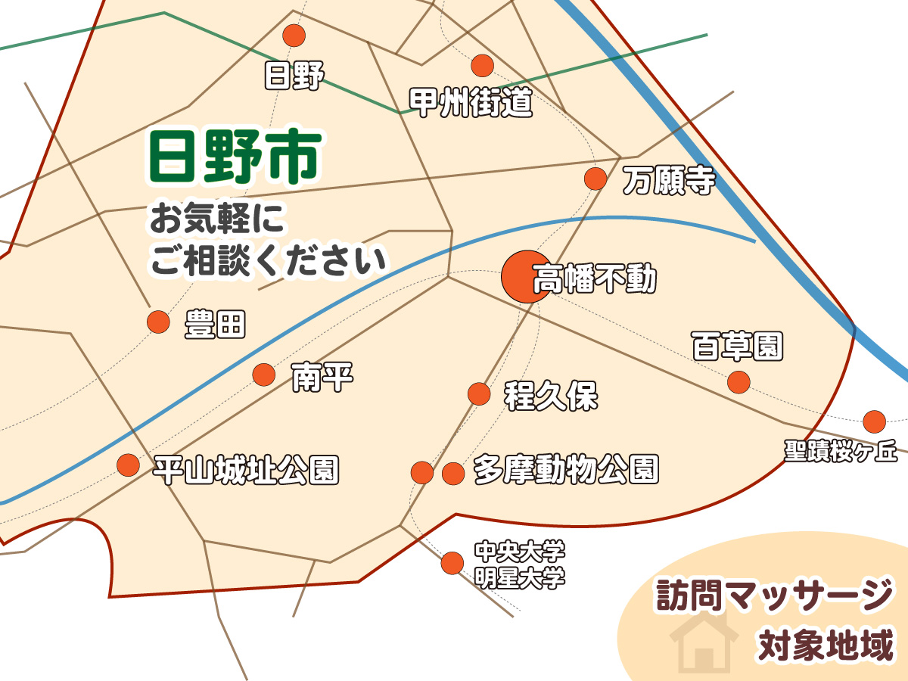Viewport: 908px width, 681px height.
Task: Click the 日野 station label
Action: pyautogui.click(x=294, y=76)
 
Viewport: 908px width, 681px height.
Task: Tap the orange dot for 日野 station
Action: pyautogui.click(x=294, y=36)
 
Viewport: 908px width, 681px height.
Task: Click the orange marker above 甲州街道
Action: pyautogui.click(x=483, y=66)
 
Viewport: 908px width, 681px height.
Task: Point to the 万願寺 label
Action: pyautogui.click(x=668, y=180)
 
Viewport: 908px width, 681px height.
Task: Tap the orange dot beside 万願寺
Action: pyautogui.click(x=596, y=179)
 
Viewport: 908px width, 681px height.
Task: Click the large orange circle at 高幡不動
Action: pyautogui.click(x=525, y=277)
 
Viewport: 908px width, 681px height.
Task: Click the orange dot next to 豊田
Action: pyautogui.click(x=158, y=322)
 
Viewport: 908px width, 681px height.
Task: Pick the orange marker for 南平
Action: pyautogui.click(x=263, y=374)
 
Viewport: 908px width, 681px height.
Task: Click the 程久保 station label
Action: pyautogui.click(x=552, y=396)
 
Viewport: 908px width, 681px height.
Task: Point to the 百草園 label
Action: pyautogui.click(x=738, y=347)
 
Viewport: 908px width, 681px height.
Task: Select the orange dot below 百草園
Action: pyautogui.click(x=739, y=382)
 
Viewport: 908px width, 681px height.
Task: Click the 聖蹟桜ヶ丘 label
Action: pyautogui.click(x=841, y=452)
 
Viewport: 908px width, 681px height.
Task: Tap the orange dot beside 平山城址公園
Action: pyautogui.click(x=128, y=465)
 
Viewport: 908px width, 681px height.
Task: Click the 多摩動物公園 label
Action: pyautogui.click(x=566, y=471)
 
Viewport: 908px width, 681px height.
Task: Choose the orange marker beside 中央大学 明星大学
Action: pyautogui.click(x=452, y=563)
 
